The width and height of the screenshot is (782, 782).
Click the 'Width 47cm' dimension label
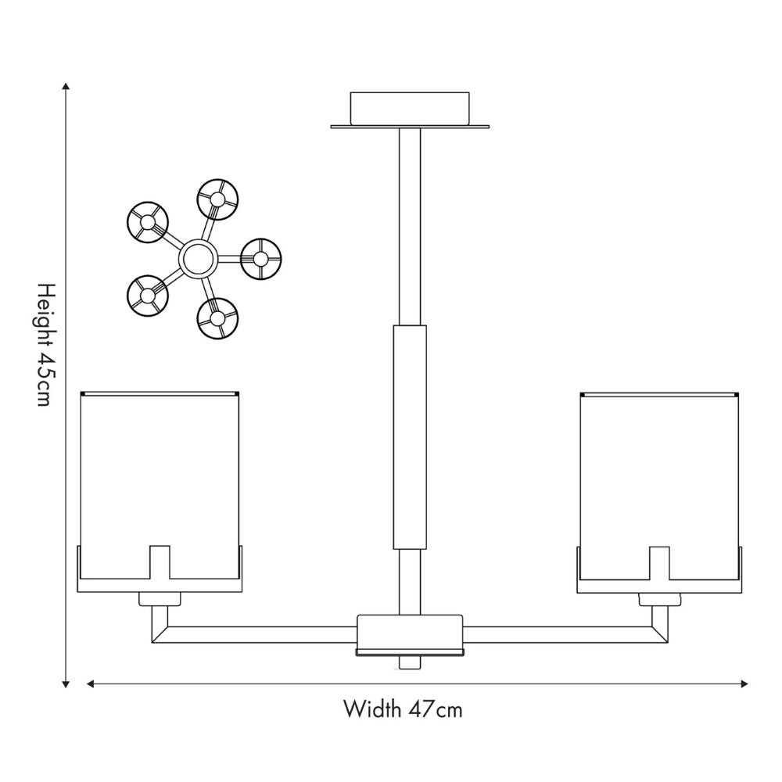coord(403,708)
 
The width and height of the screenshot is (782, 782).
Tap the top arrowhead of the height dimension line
coord(66,86)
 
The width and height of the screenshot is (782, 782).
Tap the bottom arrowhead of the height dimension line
coord(66,684)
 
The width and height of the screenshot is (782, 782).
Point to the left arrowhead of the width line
coord(91,683)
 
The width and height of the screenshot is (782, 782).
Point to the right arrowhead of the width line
coord(744,683)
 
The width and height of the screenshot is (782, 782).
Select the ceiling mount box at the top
coord(410,108)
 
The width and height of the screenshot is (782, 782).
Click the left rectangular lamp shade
coord(160,486)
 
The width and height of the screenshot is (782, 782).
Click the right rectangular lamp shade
coord(659,486)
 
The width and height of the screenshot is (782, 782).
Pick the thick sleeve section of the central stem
coord(410,437)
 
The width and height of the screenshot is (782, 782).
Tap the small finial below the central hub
coord(410,662)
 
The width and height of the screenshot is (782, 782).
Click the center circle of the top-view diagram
coord(198,258)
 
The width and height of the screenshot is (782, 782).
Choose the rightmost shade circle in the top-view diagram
coord(261,259)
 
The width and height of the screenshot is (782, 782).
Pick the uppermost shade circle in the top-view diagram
coord(217,199)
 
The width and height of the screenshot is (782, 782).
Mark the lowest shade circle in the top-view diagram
coord(217,318)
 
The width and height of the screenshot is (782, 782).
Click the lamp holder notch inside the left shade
coord(160,562)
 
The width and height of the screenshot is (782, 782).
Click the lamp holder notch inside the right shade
coord(659,563)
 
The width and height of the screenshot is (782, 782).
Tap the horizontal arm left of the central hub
coord(254,634)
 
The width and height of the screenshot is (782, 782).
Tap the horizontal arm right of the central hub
coord(565,634)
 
